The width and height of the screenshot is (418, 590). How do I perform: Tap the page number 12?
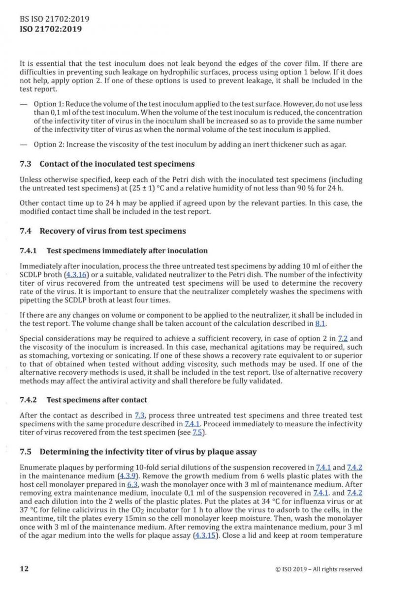[24, 569]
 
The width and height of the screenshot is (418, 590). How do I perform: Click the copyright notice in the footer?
[319, 569]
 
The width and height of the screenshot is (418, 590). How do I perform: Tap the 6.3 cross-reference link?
[132, 484]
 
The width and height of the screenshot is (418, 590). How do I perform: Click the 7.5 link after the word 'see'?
[199, 432]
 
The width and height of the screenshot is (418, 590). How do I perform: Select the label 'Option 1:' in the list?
[48, 104]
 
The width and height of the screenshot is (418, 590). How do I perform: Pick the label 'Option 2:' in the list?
[48, 144]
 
